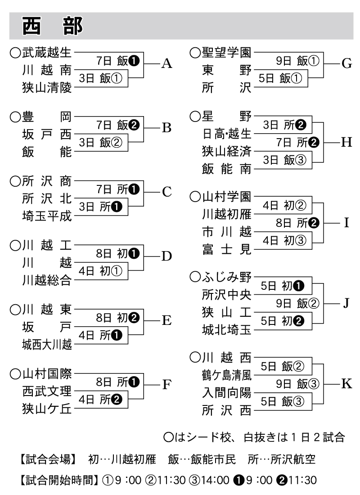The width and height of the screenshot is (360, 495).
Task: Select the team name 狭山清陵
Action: (47, 88)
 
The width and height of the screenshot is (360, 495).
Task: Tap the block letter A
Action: (166, 64)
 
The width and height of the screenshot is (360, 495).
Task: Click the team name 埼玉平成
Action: (47, 216)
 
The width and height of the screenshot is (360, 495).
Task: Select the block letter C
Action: (166, 192)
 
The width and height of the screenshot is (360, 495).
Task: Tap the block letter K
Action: (346, 383)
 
